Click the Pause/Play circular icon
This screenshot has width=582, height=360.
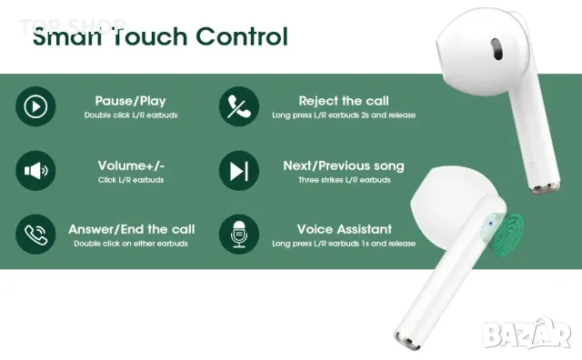(35, 106)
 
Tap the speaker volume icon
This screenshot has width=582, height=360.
(35, 170)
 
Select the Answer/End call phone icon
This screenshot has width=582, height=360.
(35, 234)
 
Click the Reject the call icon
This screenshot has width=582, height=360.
(238, 106)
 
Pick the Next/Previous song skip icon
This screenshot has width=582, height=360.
(238, 170)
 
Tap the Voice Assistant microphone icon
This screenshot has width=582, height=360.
(238, 234)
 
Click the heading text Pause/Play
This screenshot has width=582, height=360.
(131, 101)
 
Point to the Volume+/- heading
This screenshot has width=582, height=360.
(131, 165)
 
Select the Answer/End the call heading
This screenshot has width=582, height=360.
(131, 229)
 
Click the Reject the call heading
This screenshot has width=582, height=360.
(344, 101)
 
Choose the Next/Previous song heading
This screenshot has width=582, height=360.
(344, 165)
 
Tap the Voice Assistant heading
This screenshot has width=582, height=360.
(344, 229)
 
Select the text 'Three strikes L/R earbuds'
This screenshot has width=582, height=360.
(344, 180)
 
